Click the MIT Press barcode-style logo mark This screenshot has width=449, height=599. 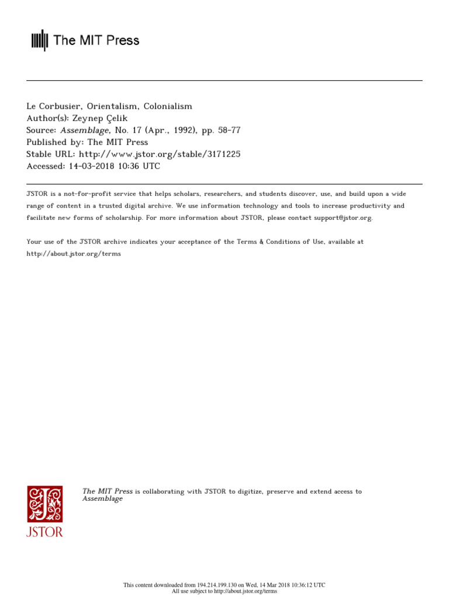coord(39,40)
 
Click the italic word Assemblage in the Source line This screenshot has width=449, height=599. coord(84,130)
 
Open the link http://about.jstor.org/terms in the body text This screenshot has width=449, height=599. coord(74,254)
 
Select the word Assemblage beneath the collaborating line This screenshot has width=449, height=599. coord(102,499)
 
